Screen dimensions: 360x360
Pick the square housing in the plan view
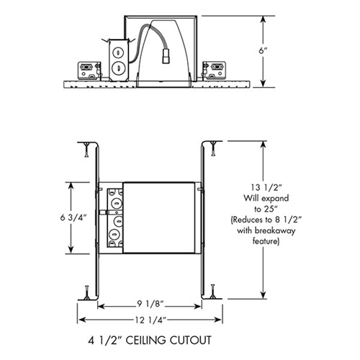click(160, 216)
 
